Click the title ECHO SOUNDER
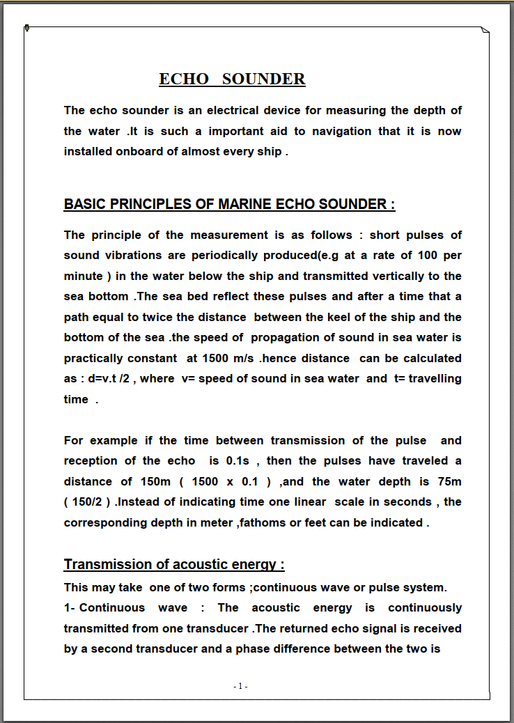coord(232,79)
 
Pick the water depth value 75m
coord(447,481)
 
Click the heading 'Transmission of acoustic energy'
coord(174,564)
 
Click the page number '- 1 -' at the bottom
coord(241,686)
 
